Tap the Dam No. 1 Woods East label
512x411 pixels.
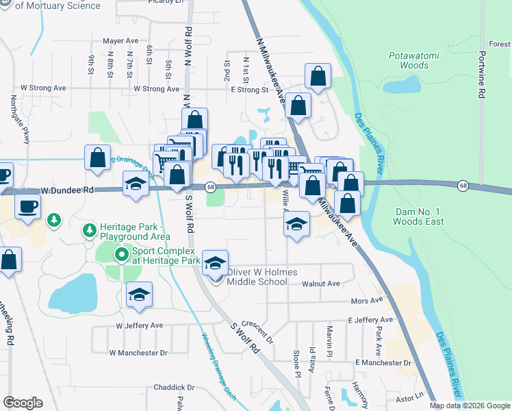coord(419,216)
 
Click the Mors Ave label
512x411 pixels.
coord(366,301)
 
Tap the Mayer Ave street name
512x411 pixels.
coord(121,41)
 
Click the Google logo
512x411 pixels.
coord(23,403)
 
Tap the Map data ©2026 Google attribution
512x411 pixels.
coord(469,406)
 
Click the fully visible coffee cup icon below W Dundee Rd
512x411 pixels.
coord(27,206)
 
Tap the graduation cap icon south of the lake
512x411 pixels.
coord(139,295)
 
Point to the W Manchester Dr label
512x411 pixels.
coord(138,353)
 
